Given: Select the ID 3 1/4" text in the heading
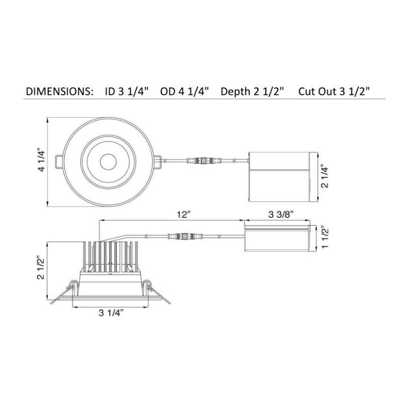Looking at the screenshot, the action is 127,91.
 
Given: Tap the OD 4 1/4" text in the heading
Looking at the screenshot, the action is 184,91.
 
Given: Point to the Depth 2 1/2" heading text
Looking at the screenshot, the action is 252,91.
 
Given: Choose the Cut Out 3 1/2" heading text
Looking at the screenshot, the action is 334,91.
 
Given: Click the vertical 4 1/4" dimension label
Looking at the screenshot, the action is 41,161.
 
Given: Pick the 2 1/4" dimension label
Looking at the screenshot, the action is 324,176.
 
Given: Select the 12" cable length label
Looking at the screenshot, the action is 184,215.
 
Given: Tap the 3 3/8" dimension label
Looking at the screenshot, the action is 281,214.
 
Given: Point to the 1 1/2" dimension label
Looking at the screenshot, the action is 325,238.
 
